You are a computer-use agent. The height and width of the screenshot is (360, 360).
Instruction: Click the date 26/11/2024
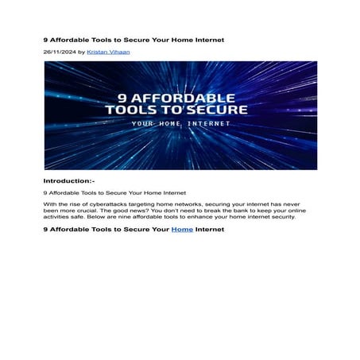[59, 52]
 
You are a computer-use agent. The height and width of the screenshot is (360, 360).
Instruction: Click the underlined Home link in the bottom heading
[182, 230]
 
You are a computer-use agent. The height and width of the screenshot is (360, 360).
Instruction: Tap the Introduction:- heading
[69, 181]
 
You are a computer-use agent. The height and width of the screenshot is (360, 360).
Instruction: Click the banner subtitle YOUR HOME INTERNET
[180, 124]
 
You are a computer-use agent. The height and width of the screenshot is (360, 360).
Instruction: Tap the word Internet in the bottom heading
[211, 230]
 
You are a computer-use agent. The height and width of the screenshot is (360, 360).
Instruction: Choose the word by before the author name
[81, 52]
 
